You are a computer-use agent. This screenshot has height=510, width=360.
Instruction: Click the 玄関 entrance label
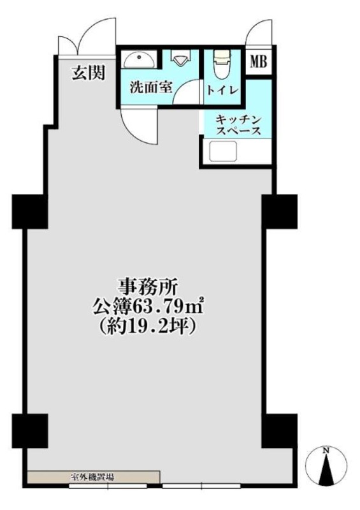(x=89, y=73)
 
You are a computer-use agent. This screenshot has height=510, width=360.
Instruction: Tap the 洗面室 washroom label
(x=151, y=87)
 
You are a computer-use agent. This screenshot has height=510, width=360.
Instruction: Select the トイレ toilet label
(x=223, y=90)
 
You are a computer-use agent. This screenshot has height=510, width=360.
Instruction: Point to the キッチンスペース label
(x=238, y=125)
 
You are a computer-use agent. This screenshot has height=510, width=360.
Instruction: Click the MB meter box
(x=259, y=61)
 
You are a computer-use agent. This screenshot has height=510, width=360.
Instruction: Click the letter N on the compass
(x=326, y=451)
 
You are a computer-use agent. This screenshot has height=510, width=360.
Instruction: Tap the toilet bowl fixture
(x=222, y=64)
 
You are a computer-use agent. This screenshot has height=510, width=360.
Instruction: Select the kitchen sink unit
(x=223, y=151)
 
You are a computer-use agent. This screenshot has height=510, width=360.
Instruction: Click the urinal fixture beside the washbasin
(x=180, y=58)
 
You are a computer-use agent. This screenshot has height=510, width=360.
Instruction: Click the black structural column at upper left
(x=30, y=212)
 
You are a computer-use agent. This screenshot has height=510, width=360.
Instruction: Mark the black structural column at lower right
(x=279, y=431)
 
